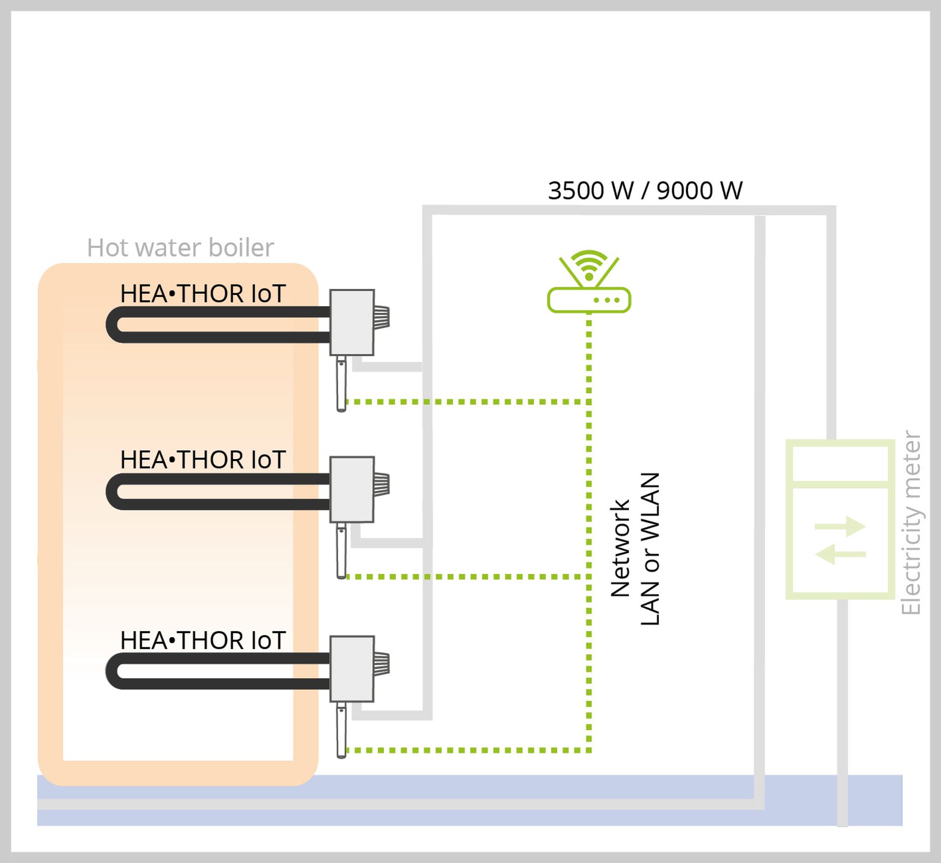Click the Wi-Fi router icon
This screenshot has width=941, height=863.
click(589, 289)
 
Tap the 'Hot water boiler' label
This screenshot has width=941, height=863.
click(180, 248)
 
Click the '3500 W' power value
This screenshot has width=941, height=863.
click(591, 191)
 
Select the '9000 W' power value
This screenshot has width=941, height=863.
click(699, 191)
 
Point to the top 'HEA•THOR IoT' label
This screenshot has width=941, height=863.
click(202, 294)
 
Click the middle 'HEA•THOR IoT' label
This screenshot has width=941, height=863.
click(202, 460)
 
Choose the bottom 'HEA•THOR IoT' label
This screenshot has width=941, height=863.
click(202, 640)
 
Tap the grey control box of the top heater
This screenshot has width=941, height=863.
click(352, 322)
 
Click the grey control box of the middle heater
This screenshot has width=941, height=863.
click(352, 489)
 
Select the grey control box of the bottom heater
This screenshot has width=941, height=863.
click(352, 669)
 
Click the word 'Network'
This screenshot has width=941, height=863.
click(620, 548)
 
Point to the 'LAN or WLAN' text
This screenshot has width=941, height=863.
click(650, 549)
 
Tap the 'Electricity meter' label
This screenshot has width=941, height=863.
click(911, 523)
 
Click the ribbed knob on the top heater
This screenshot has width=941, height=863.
click(382, 317)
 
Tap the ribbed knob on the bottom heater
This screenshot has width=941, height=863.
click(382, 663)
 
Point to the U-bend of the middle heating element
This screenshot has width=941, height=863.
click(113, 491)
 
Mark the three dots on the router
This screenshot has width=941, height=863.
click(607, 300)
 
